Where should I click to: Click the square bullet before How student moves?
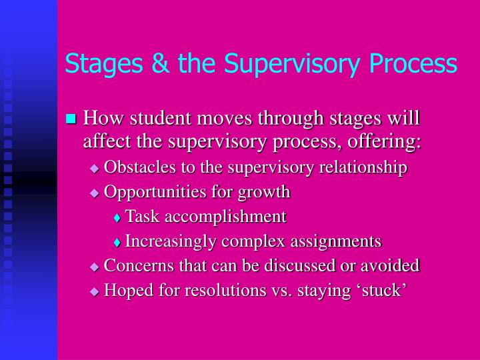point(71,119)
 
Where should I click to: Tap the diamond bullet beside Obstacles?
point(94,169)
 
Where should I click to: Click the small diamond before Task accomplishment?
point(117,217)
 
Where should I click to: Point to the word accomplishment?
point(226,217)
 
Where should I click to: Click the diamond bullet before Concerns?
point(94,267)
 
